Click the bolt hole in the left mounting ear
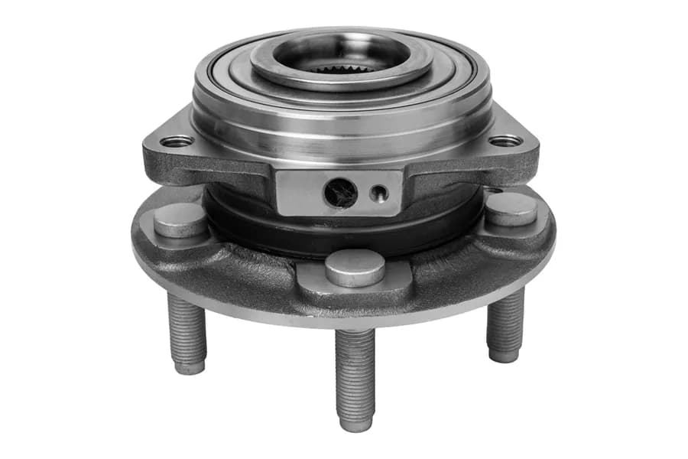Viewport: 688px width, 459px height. [177, 141]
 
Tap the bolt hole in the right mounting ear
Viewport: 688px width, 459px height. [505, 141]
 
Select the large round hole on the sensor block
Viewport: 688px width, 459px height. [339, 193]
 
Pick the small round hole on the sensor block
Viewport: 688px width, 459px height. [378, 193]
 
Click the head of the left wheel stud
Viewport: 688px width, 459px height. [180, 219]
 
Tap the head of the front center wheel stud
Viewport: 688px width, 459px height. [355, 267]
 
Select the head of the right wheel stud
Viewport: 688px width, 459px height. [511, 208]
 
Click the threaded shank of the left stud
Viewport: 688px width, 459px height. [187, 329]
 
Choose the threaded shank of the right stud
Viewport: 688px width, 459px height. [505, 321]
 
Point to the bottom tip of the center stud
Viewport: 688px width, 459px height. [356, 422]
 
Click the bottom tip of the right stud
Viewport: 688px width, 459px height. [503, 356]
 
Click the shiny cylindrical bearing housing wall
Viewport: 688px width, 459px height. [344, 122]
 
